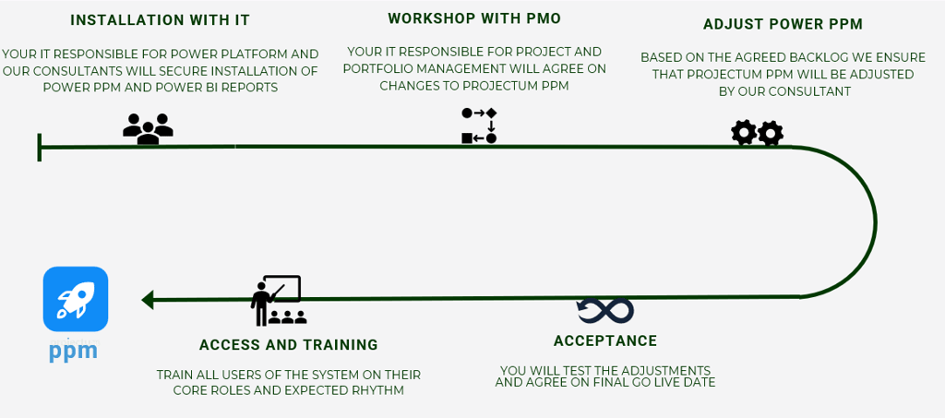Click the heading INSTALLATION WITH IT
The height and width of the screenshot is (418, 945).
pyautogui.click(x=160, y=20)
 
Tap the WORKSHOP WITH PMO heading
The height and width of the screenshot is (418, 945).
pyautogui.click(x=474, y=18)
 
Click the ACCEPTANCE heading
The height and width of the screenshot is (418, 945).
pyautogui.click(x=605, y=340)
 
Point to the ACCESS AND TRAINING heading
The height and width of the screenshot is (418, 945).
pyautogui.click(x=289, y=345)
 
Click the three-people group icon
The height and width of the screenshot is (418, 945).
pyautogui.click(x=148, y=128)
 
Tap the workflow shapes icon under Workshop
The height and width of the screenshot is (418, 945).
pyautogui.click(x=479, y=126)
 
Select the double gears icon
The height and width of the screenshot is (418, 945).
pyautogui.click(x=757, y=134)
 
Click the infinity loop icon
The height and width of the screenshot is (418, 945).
pyautogui.click(x=605, y=310)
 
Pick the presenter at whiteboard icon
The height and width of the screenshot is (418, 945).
pyautogui.click(x=278, y=300)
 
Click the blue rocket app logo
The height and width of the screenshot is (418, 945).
pyautogui.click(x=76, y=299)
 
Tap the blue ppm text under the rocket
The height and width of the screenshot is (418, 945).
pyautogui.click(x=74, y=352)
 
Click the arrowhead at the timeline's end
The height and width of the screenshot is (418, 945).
pyautogui.click(x=147, y=300)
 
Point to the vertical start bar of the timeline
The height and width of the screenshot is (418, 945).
pyautogui.click(x=40, y=147)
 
